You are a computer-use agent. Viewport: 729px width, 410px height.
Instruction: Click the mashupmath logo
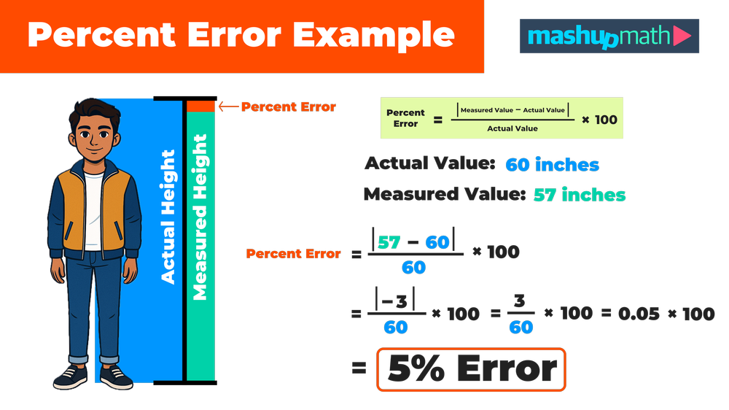tap(609, 36)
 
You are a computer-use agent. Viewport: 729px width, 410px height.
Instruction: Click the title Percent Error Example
tap(241, 35)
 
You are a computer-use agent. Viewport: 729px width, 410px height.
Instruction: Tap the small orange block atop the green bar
tap(200, 107)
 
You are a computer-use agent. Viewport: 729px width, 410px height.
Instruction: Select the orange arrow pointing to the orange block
tap(229, 107)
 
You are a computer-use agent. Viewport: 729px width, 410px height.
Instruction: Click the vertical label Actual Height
tap(168, 217)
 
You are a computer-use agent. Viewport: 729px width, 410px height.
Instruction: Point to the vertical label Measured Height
tap(200, 217)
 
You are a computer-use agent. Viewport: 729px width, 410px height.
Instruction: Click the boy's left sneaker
tap(117, 377)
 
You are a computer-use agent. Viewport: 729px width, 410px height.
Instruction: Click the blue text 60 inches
tap(553, 165)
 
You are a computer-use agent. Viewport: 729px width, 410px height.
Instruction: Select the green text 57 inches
tap(580, 196)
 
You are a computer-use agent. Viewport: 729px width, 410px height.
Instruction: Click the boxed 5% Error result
tap(471, 369)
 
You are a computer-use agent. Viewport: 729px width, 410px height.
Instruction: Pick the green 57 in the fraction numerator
tap(389, 242)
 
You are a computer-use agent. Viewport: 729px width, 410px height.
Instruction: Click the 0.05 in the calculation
tap(639, 314)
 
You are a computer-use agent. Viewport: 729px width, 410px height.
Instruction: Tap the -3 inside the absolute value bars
tap(396, 301)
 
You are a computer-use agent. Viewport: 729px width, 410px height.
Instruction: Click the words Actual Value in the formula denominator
tap(512, 128)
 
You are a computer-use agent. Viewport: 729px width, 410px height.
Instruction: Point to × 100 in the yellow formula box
tap(599, 120)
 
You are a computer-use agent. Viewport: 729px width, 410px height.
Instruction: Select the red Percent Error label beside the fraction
tap(293, 254)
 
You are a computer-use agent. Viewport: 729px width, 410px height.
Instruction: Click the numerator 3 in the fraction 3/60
tap(521, 301)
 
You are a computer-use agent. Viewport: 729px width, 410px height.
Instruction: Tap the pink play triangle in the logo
tap(682, 36)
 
